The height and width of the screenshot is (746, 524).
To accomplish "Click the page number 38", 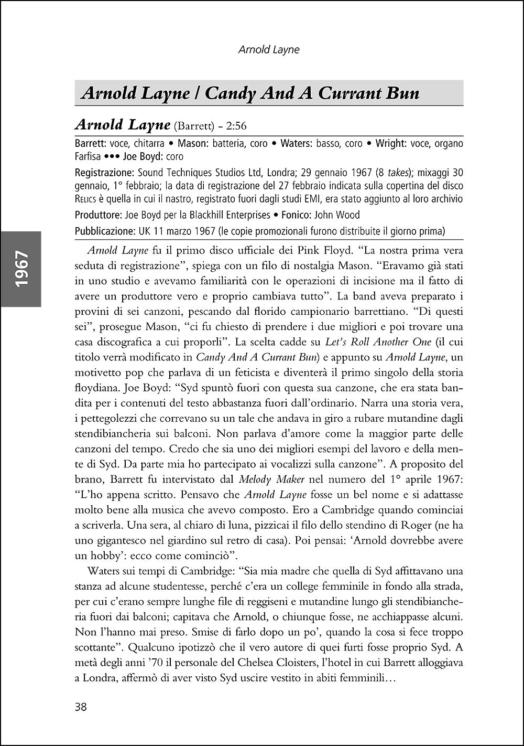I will [81, 706].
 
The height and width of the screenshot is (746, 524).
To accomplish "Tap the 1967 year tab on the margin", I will [21, 269].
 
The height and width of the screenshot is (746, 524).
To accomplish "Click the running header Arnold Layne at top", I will [269, 50].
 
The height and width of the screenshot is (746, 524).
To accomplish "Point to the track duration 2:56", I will [236, 126].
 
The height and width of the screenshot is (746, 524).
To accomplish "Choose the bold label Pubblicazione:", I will [105, 231].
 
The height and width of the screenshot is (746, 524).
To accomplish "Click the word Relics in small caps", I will [86, 199].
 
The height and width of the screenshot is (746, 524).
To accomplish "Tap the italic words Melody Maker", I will [265, 479].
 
